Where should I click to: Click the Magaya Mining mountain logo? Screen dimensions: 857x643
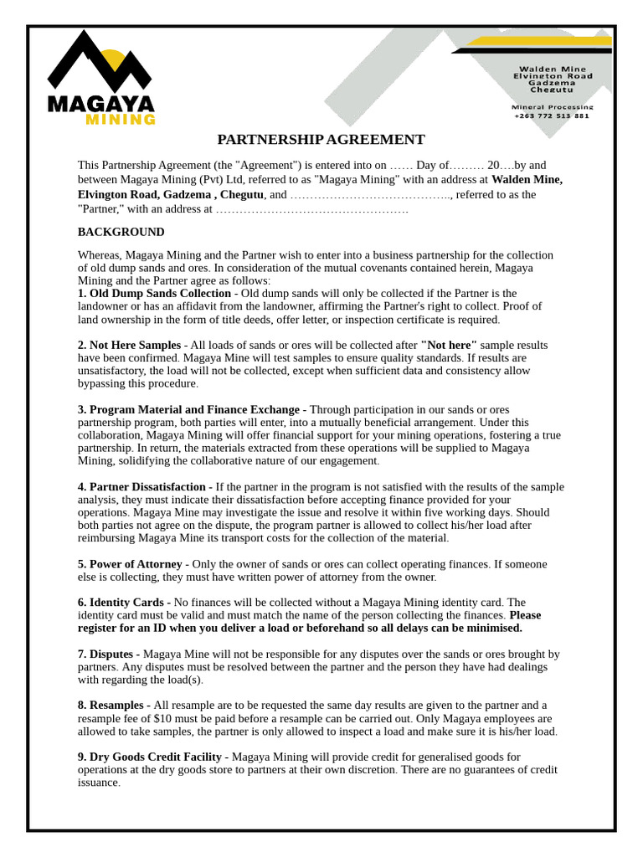tap(100, 62)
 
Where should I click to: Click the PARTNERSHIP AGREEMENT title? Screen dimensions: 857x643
tap(321, 140)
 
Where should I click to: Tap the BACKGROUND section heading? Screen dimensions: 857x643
tap(121, 232)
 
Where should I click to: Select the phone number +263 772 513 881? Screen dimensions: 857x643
tap(552, 116)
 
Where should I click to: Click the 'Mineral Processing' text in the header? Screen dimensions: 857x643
tap(552, 107)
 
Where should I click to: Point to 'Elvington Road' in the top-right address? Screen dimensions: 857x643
tap(552, 76)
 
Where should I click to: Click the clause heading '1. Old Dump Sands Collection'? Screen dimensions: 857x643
tap(154, 294)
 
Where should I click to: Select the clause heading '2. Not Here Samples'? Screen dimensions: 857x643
tap(129, 345)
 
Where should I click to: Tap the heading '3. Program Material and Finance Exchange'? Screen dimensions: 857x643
tap(188, 409)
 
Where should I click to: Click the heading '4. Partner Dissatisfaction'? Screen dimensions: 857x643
tap(141, 486)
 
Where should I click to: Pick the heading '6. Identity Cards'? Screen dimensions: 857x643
tap(122, 602)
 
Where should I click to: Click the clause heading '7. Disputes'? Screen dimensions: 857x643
tap(105, 654)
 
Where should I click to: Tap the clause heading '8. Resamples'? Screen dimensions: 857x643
tap(112, 706)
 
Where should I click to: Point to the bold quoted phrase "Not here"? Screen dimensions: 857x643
tap(449, 345)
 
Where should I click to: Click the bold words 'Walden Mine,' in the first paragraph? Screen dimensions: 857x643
tap(527, 179)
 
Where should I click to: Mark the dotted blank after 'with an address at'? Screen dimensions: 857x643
tap(311, 209)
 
